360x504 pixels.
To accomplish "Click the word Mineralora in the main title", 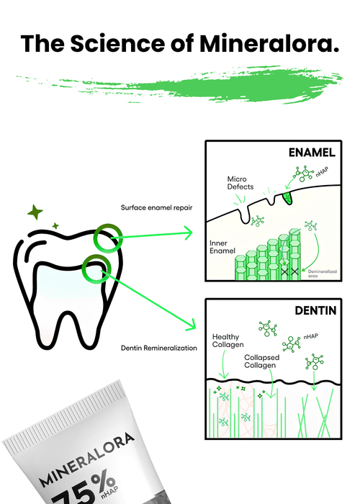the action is pos(269,43).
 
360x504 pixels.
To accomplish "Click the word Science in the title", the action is pos(117,43).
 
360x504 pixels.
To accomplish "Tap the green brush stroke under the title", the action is pos(180,85).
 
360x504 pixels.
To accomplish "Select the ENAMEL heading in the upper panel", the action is pos(312,153).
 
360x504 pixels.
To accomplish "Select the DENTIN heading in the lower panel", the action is pos(315,310).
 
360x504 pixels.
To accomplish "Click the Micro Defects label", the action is pos(240,183).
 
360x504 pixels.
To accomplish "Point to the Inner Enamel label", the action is pos(222,247).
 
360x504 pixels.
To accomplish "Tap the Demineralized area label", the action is pos(322,274).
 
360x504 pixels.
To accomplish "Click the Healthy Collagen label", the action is pos(228,341).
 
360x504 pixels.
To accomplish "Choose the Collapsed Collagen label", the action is pos(261,361).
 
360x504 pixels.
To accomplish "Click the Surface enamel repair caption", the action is pos(156,207).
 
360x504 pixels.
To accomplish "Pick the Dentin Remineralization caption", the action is pos(159,348).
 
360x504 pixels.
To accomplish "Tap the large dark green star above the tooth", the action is pos(35,212).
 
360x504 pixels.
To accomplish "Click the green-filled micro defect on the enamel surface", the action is pos(287,198).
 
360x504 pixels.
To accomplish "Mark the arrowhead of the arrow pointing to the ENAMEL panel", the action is pos(188,233).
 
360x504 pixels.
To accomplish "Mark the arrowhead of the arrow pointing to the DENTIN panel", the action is pos(191,325).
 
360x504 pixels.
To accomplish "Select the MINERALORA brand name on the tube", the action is pos(87,459).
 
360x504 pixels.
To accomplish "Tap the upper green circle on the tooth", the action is pos(108,238).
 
